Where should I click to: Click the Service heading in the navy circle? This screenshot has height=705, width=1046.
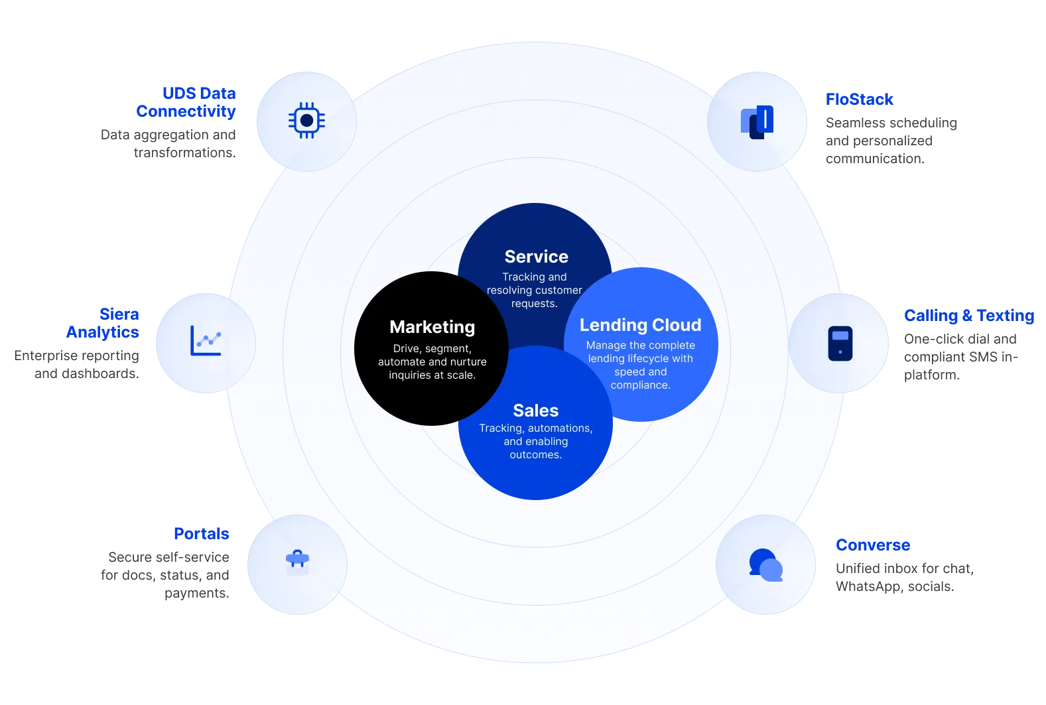click(536, 257)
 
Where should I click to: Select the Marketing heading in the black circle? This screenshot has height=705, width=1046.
click(432, 327)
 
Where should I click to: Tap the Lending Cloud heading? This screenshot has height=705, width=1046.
click(640, 325)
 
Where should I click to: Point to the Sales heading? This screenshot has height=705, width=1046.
click(535, 411)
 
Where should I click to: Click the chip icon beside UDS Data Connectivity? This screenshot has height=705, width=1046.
click(306, 121)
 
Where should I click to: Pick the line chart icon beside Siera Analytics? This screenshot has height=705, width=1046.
click(206, 341)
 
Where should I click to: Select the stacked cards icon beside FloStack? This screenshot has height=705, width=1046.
click(757, 122)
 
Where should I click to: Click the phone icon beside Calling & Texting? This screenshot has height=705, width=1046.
click(840, 343)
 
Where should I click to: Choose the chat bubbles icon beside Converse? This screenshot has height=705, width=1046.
click(765, 565)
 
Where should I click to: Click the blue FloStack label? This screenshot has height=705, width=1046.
click(859, 99)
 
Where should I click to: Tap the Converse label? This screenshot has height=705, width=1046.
click(872, 545)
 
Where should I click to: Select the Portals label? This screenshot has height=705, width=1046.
click(201, 533)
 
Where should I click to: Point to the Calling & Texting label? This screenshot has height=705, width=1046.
click(968, 316)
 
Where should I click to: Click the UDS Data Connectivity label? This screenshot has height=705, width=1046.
click(188, 102)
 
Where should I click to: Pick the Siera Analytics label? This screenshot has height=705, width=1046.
click(104, 323)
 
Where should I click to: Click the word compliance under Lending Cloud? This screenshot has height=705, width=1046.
click(639, 385)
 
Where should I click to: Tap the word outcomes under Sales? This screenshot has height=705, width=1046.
click(535, 455)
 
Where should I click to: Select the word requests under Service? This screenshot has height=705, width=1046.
click(533, 304)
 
